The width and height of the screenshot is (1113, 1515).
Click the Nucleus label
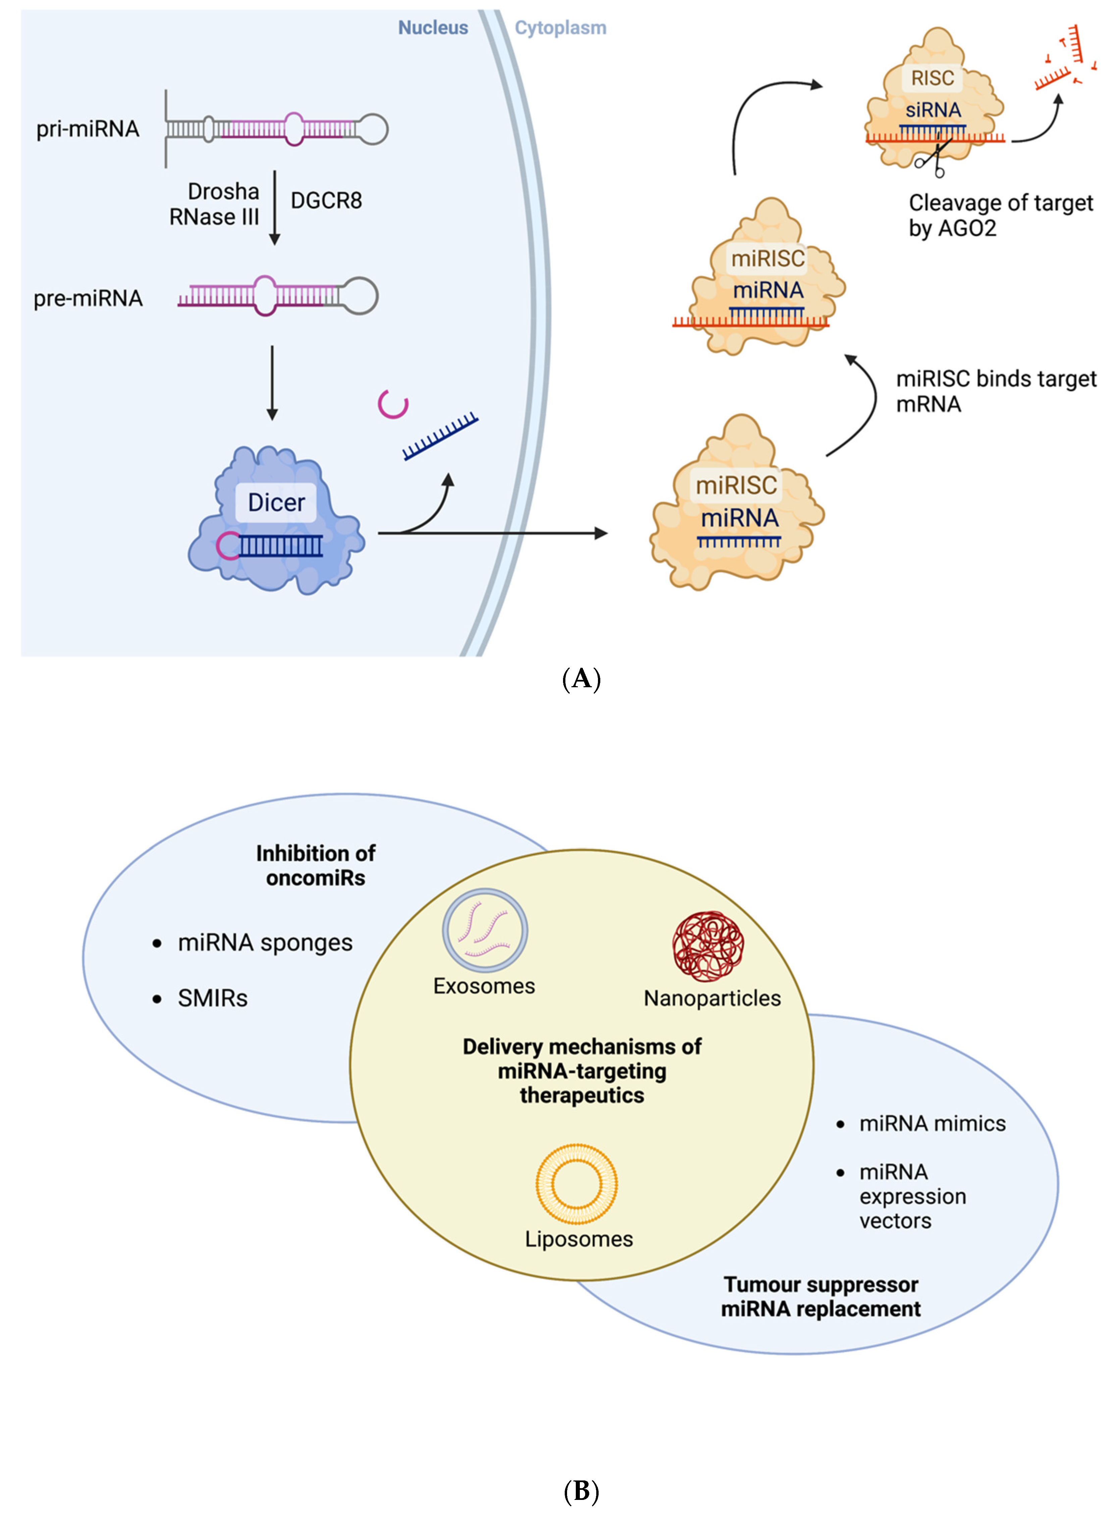433,28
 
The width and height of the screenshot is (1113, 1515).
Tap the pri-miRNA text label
88,128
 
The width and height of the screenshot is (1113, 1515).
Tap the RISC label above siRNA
932,78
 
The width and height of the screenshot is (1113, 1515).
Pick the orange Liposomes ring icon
577,1184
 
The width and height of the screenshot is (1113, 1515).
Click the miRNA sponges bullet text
265,943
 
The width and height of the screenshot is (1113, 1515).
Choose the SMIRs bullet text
212,998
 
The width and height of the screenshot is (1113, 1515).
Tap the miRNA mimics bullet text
932,1123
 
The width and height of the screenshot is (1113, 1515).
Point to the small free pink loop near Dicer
394,404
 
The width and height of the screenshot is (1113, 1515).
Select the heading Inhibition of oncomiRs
315,865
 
